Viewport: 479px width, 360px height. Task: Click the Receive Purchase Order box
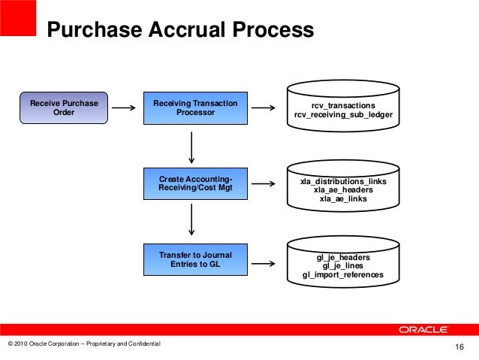64,107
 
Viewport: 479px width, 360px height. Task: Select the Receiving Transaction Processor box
195,107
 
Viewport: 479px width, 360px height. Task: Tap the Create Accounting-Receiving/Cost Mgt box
195,183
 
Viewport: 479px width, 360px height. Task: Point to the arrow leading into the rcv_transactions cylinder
262,107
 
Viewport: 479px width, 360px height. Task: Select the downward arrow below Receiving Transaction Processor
193,147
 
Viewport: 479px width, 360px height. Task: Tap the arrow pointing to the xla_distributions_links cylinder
262,183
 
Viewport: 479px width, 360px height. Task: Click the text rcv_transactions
342,106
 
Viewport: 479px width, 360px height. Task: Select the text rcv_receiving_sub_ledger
342,116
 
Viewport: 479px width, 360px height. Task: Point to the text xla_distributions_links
342,183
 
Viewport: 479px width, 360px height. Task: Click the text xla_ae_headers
342,191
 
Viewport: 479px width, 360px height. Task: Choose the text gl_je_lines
342,266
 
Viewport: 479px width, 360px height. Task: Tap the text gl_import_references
342,275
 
